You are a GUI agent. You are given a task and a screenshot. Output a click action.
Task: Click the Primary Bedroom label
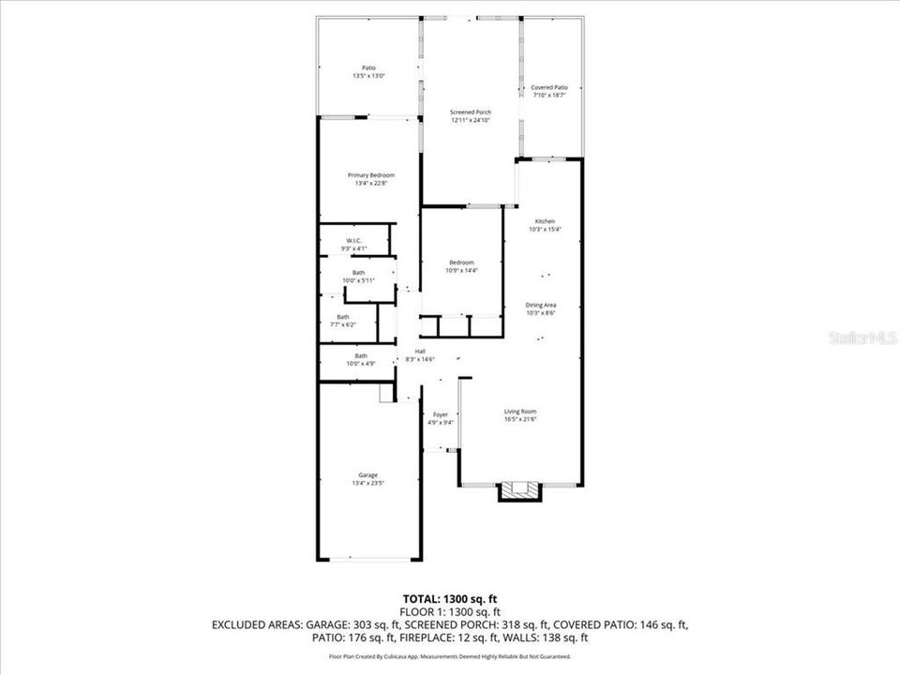tap(370, 175)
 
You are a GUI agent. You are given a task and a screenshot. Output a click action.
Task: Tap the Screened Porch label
tap(471, 112)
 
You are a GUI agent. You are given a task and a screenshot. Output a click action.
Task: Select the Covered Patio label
tap(549, 87)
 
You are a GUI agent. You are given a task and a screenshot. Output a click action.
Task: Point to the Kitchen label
tap(545, 221)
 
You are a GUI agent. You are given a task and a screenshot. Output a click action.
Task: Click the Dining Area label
tap(543, 305)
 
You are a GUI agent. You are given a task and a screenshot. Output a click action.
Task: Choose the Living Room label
tap(520, 412)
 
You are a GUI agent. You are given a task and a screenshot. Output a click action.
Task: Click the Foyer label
tap(441, 414)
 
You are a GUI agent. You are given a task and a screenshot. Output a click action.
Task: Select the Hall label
tap(420, 352)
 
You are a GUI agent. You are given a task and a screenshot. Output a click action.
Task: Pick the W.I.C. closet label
tap(353, 241)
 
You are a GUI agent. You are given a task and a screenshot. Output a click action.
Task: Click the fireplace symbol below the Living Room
tap(519, 490)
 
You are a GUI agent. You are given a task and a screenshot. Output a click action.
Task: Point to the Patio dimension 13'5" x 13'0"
tap(369, 76)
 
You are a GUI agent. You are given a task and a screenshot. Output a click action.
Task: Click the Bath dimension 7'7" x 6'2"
tap(343, 325)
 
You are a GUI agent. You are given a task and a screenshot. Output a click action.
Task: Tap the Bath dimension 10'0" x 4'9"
tap(360, 364)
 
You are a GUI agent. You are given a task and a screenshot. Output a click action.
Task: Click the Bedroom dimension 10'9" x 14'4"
tap(460, 271)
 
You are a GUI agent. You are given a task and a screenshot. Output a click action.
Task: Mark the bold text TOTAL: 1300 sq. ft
tap(449, 597)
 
